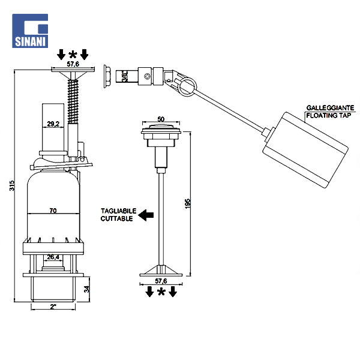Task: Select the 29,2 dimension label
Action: pos(53,124)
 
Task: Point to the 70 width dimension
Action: pos(53,211)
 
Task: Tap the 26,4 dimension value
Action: pos(53,257)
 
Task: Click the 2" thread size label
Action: pos(53,307)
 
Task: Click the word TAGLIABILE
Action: pos(118,211)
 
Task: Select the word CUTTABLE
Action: pos(117,218)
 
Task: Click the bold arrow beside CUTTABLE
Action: pos(146,215)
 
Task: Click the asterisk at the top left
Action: pos(73,55)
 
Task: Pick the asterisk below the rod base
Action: pos(161,292)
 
